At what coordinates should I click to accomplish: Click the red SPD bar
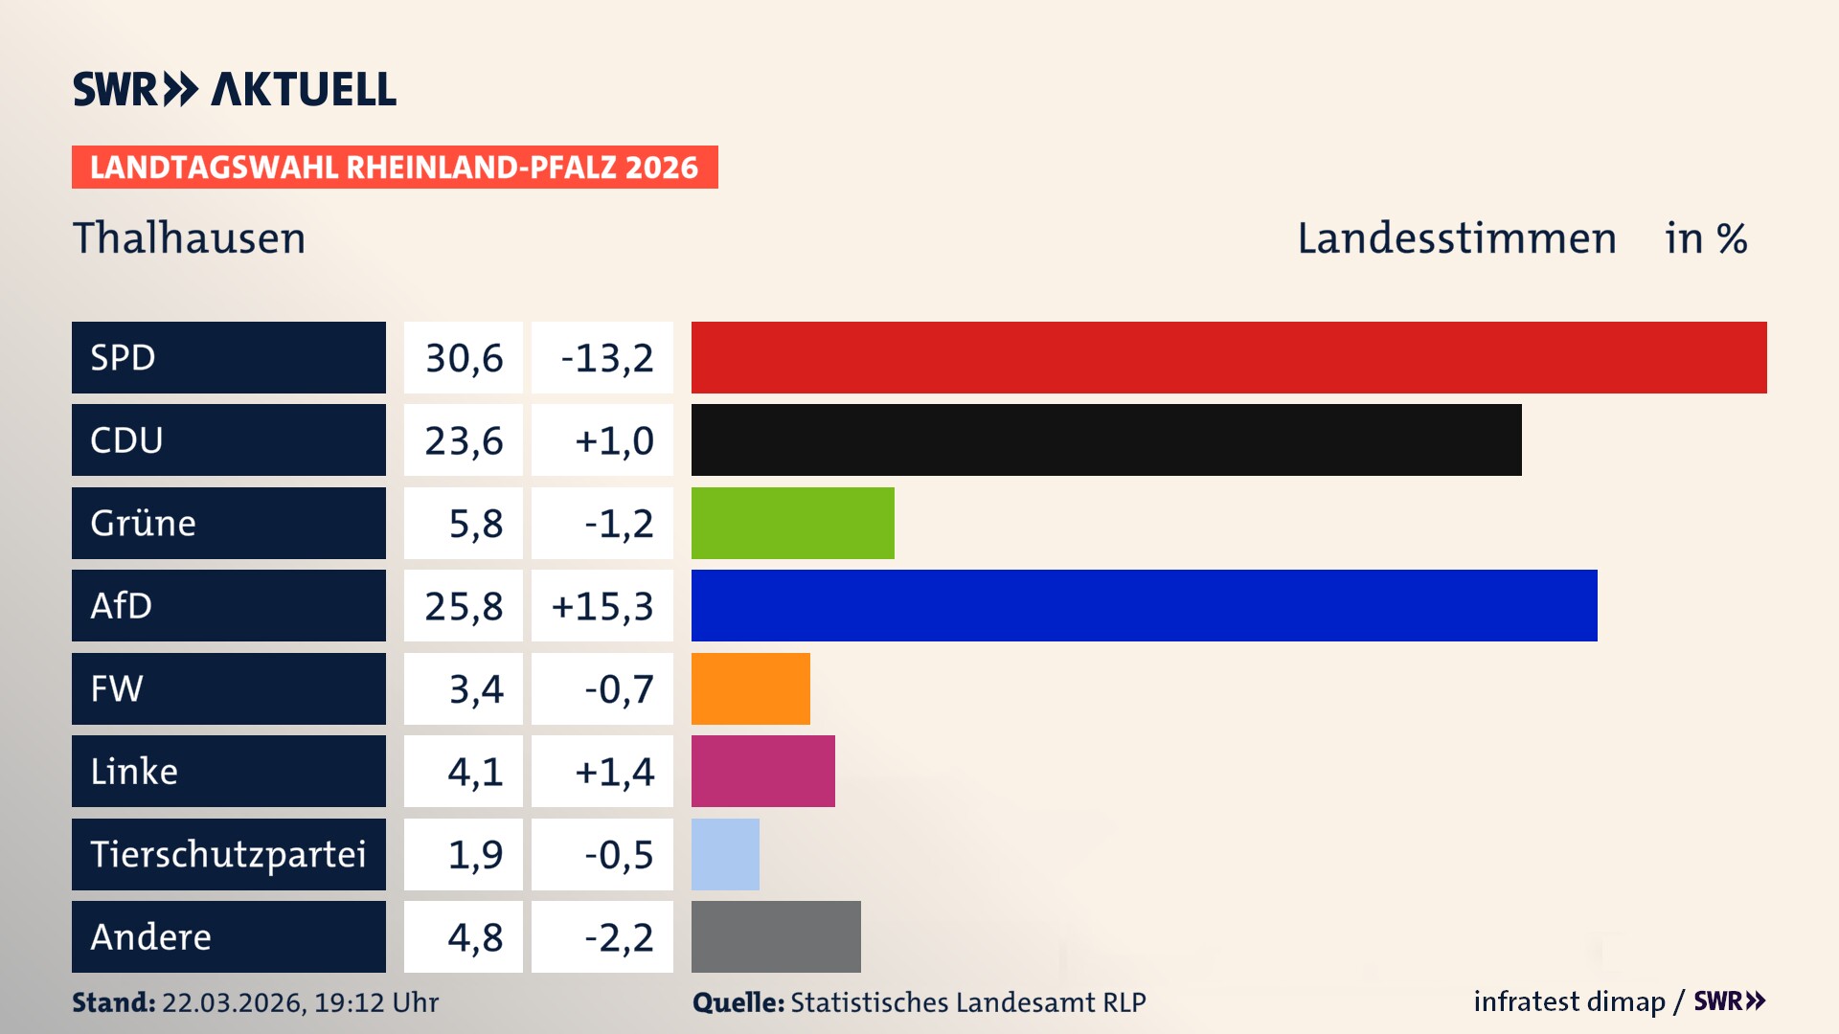coord(1229,357)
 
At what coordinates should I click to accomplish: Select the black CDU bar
coord(1106,439)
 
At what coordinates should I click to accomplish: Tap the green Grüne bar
coord(792,523)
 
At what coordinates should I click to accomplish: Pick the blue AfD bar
coord(1144,605)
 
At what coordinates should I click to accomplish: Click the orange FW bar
coord(750,688)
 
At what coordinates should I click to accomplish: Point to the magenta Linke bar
coord(762,771)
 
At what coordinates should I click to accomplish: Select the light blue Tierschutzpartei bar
coord(725,854)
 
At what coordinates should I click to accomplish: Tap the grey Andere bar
coord(776,936)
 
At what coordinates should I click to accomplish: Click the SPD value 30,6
coord(464,358)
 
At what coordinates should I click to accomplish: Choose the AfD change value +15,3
coord(602,606)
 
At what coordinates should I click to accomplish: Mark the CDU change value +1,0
coord(613,440)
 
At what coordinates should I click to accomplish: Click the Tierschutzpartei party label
coord(228,854)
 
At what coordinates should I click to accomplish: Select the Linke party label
coord(134,771)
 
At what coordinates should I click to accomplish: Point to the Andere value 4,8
coord(475,937)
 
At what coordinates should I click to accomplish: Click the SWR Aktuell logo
coord(235,89)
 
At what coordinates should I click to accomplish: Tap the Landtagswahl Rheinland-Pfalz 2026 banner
coord(394,168)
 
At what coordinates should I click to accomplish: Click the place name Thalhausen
coord(190,238)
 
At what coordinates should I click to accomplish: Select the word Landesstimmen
coord(1456,238)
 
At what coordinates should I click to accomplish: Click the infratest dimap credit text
coord(1569,1001)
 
